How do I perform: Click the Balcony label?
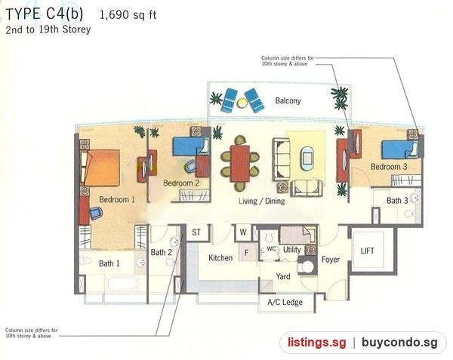(288, 100)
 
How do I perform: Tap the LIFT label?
(367, 251)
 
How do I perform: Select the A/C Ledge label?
(285, 302)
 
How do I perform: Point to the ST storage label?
(196, 232)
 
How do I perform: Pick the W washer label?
(243, 232)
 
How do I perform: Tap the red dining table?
(240, 164)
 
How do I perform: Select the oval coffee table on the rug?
(307, 158)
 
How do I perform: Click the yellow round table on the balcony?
(242, 103)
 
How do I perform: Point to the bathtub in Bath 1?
(122, 283)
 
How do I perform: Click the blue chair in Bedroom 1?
(96, 213)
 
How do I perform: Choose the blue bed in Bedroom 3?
(400, 149)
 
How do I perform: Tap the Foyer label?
(331, 260)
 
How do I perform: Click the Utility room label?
(291, 249)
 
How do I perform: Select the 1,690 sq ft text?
(128, 14)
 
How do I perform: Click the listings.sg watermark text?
(316, 343)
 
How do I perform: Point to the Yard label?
(283, 276)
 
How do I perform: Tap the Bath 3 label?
(397, 200)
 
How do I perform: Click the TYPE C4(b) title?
(45, 14)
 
